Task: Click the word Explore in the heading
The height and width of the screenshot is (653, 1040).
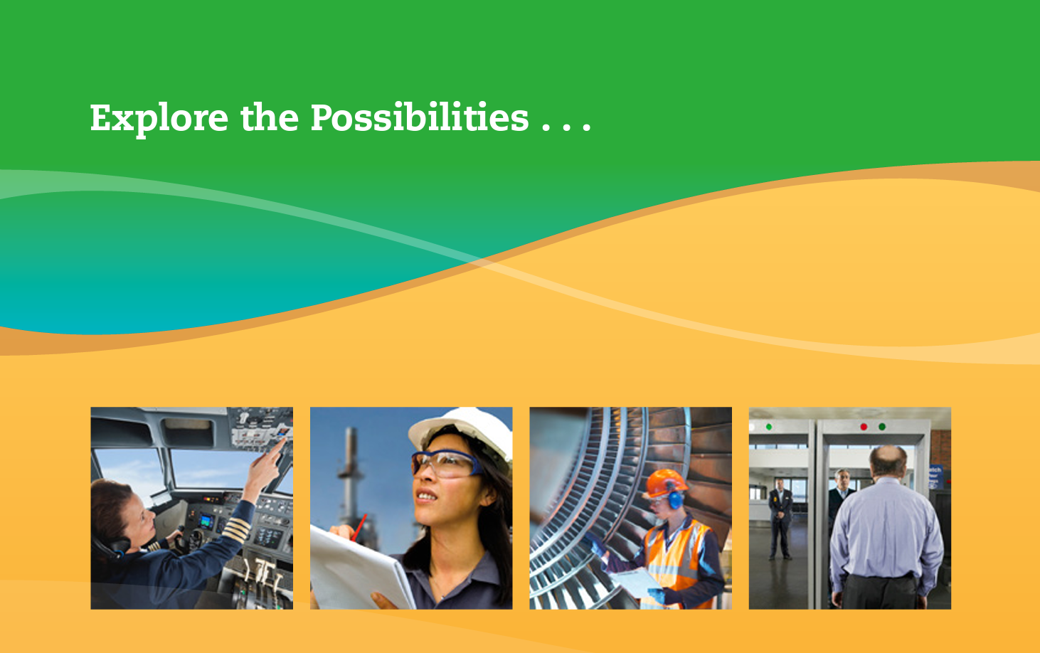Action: [x=159, y=119]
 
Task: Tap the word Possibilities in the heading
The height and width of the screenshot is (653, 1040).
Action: [x=420, y=117]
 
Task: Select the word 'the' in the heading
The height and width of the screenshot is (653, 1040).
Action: [x=270, y=117]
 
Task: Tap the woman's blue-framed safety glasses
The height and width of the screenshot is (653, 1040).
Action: [x=447, y=463]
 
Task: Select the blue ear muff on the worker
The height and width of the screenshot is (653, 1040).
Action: [x=675, y=499]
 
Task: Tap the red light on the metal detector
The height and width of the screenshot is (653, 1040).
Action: [x=864, y=427]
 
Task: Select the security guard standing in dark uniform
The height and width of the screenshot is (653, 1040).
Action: [x=780, y=518]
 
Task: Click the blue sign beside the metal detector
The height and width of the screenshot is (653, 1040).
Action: [x=935, y=477]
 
